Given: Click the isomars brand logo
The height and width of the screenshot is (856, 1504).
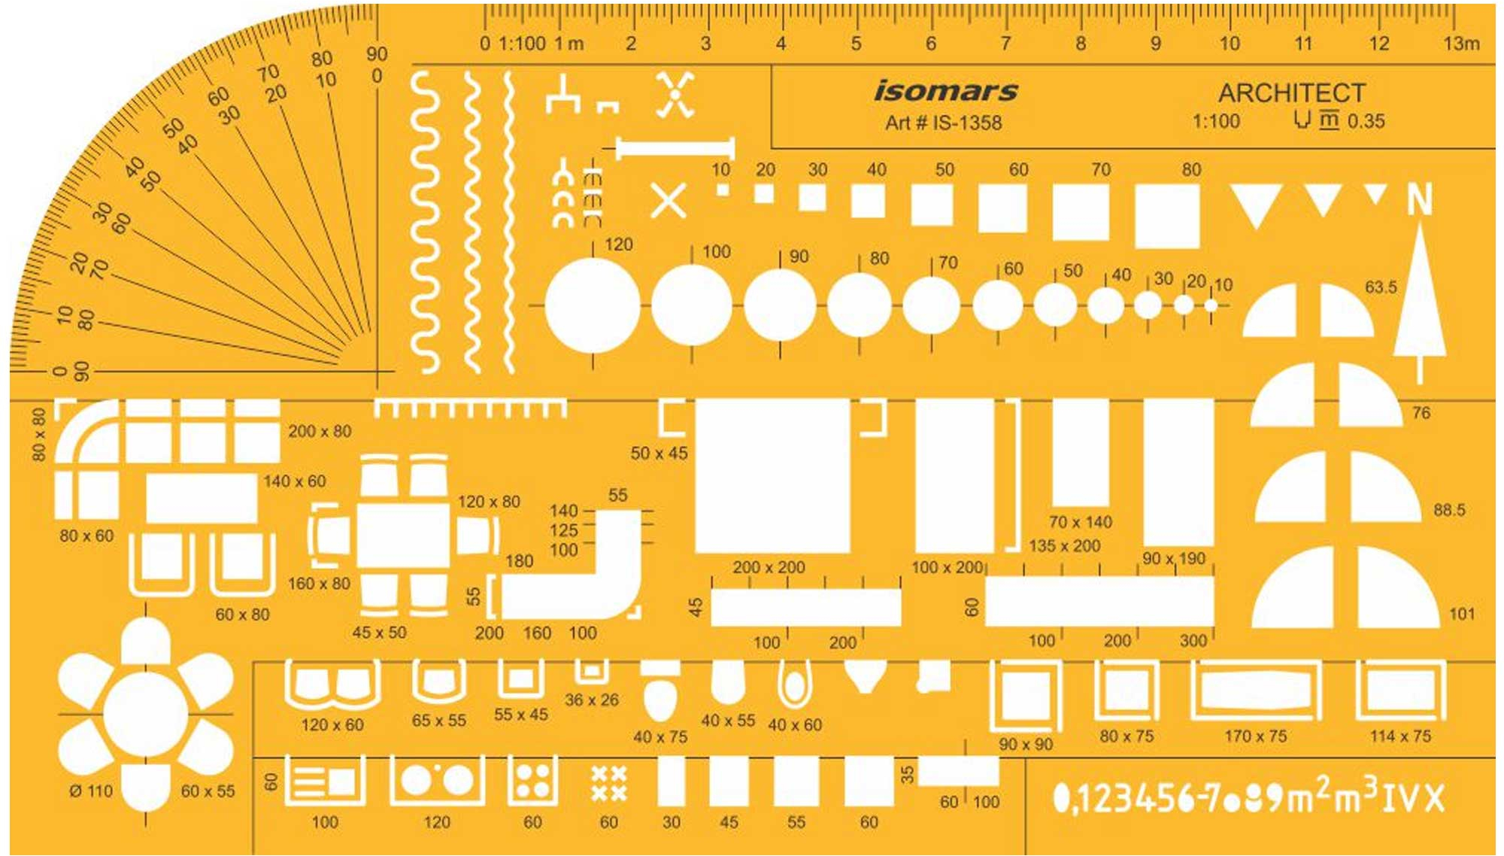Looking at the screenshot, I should (945, 92).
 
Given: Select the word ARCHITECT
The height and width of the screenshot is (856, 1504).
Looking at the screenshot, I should (1291, 93).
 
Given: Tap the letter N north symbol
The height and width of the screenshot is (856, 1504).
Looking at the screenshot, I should (1419, 200).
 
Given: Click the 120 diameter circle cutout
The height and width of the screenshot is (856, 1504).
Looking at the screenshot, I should (593, 305).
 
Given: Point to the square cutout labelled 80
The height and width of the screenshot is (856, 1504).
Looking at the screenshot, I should (1166, 216).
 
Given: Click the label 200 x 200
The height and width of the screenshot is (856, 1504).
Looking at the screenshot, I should (769, 567).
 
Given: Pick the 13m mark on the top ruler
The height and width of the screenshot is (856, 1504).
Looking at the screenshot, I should (1460, 44).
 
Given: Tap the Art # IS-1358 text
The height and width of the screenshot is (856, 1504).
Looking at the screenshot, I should (943, 123).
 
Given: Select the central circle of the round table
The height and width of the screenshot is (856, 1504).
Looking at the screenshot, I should (146, 715).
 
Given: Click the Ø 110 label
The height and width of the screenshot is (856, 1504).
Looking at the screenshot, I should (91, 791).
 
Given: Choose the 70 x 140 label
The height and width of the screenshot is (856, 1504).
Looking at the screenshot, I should (1080, 522).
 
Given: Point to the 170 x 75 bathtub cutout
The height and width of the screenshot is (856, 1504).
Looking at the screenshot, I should (1256, 691).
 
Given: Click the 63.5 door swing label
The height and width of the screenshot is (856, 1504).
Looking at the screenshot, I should (1381, 287).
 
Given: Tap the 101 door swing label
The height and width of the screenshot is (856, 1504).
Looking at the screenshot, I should (1462, 614).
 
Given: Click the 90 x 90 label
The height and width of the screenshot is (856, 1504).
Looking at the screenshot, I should (1026, 745).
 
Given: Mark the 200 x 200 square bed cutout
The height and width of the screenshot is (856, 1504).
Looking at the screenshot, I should (772, 476).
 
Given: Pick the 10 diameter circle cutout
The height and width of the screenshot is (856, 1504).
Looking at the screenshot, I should (1211, 305).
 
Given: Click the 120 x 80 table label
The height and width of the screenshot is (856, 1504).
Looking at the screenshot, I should (489, 502).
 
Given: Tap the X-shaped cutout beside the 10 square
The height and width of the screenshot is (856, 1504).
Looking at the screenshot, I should (668, 201).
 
